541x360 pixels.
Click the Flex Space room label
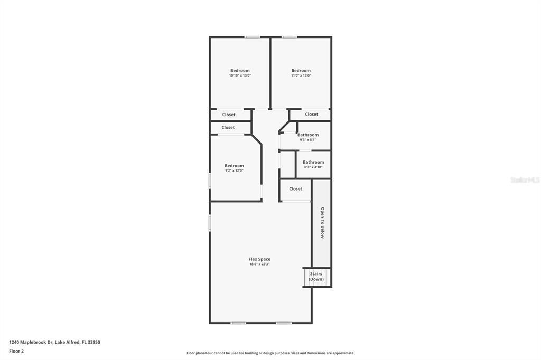click(259, 259)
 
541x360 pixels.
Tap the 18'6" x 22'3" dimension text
click(259, 264)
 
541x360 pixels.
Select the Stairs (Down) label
click(316, 277)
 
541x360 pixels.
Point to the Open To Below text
click(322, 222)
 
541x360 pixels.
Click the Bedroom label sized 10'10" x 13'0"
click(240, 71)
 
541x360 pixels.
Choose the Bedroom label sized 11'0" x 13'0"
click(301, 71)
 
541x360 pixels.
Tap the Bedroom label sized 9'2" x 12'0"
click(234, 166)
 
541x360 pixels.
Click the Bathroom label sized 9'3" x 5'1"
click(308, 135)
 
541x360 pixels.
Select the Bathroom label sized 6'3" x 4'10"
click(313, 163)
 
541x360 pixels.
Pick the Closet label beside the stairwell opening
click(296, 189)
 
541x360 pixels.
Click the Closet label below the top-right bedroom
click(312, 115)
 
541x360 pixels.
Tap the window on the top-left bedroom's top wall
click(252, 37)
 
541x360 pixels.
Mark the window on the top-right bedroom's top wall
click(289, 37)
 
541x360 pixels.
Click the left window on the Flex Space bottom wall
click(238, 323)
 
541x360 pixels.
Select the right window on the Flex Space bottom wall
click(284, 323)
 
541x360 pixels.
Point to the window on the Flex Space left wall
click(210, 222)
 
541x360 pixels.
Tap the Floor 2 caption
click(16, 351)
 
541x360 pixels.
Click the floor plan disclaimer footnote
click(270, 353)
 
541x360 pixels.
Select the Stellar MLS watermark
click(524, 180)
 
